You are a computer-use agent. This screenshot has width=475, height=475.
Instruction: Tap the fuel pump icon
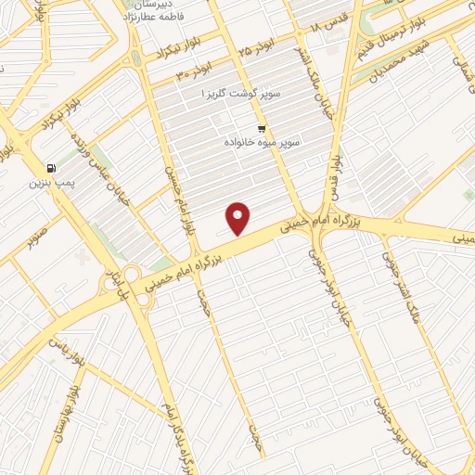pos(49,168)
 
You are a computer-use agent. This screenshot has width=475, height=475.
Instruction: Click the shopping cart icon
pos(263,129)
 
